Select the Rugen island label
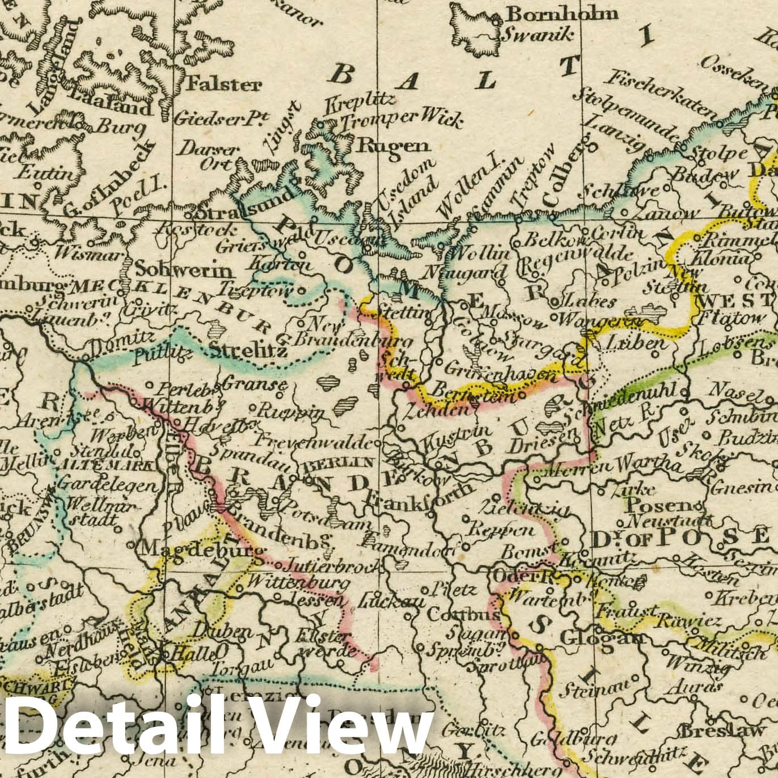pos(392,145)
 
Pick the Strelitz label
pos(248,350)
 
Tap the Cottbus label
pos(463,615)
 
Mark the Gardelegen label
pos(107,485)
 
